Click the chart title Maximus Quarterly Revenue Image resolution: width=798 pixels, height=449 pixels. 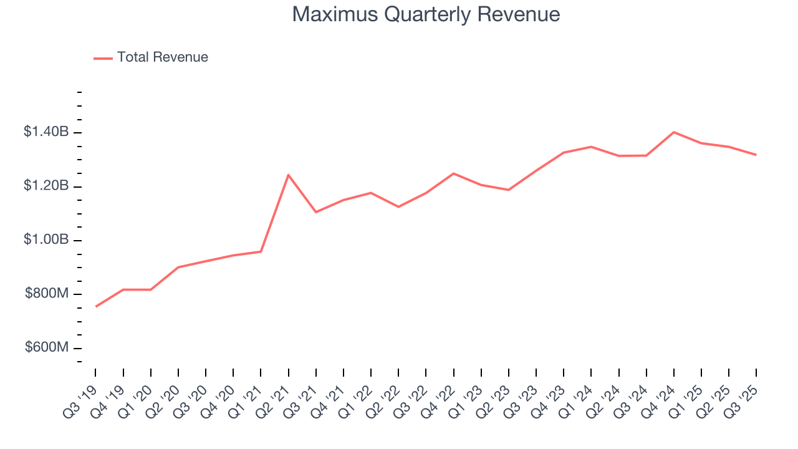point(426,14)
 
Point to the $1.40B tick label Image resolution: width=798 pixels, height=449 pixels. point(46,132)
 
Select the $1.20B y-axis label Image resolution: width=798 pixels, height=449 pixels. point(46,186)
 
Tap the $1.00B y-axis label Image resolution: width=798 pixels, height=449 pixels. point(46,240)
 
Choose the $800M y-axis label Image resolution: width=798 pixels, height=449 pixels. point(47,294)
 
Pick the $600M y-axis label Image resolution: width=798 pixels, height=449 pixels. point(47,347)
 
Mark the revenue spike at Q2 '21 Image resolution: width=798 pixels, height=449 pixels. point(288,175)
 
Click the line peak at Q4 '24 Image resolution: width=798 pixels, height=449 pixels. point(674,132)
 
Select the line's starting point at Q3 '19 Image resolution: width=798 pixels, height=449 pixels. point(95,307)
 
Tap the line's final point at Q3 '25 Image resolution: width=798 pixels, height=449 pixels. point(756,155)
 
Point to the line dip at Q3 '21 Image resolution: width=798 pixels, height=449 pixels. point(316,212)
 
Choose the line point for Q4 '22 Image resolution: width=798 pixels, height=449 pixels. point(453,173)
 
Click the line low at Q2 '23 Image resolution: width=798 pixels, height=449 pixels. point(509,190)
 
